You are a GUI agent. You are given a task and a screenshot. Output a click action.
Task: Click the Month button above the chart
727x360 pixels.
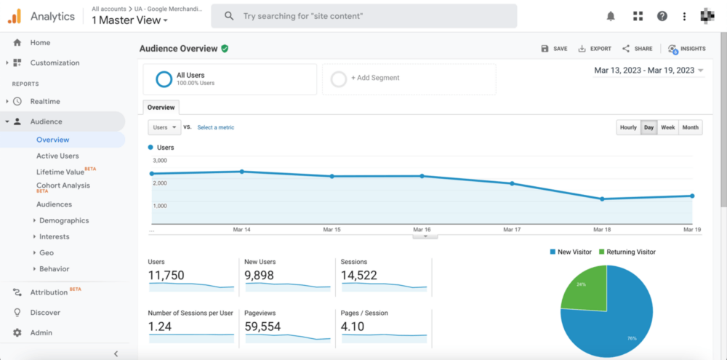691,127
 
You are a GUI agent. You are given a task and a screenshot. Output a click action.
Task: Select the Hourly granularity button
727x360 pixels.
628,127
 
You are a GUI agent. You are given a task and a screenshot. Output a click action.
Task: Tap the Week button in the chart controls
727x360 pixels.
667,127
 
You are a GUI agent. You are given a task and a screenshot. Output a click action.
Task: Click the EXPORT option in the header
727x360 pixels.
595,49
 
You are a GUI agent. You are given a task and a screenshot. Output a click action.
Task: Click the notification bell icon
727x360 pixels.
611,16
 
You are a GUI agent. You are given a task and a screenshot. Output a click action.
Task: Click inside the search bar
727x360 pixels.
363,16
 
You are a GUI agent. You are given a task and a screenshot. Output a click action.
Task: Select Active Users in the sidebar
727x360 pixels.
57,156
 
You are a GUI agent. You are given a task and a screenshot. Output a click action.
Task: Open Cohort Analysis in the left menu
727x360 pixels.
63,185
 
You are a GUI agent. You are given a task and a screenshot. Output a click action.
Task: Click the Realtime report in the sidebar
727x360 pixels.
45,101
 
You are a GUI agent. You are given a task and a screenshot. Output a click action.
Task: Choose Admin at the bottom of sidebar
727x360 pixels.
41,332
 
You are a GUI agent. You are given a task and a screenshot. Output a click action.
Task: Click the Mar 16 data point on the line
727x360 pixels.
422,176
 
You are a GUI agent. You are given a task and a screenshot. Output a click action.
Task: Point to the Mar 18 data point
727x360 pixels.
602,199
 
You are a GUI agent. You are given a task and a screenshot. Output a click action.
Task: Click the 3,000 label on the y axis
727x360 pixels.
159,160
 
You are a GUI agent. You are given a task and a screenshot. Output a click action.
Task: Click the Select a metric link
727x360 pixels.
216,127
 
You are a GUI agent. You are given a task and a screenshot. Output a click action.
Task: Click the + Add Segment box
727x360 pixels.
409,79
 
